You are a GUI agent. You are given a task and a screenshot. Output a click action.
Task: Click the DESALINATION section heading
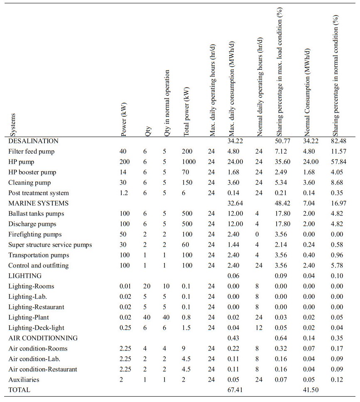coord(33,141)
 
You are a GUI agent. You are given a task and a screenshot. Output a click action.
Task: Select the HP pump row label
coord(20,162)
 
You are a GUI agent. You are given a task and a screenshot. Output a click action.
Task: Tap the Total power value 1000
coord(189,162)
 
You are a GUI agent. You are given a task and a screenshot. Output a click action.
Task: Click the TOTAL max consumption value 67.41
coord(235,390)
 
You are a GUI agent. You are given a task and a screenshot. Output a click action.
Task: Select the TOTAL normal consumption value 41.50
coord(311,390)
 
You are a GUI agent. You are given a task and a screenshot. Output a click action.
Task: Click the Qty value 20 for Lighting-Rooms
coord(147,286)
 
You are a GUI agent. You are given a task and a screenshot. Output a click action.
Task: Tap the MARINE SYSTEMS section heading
coord(38,203)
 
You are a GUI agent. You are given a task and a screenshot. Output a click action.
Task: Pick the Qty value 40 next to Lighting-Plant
coord(147,317)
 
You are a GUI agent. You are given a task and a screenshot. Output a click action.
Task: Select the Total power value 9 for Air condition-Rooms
coord(184,348)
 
